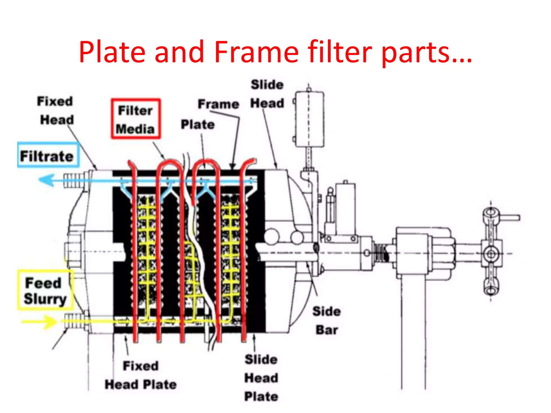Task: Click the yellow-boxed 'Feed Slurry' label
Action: (45, 290)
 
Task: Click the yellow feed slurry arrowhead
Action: (50, 322)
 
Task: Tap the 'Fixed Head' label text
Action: (55, 111)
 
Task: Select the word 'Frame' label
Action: (218, 104)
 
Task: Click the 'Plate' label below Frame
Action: (197, 124)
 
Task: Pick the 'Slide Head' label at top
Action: (267, 94)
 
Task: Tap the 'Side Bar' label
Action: (327, 321)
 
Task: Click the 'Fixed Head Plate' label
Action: (140, 375)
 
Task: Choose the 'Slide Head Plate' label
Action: (261, 378)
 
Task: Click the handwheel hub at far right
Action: (491, 254)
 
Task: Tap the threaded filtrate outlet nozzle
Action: (73, 180)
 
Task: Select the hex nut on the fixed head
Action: (73, 252)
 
